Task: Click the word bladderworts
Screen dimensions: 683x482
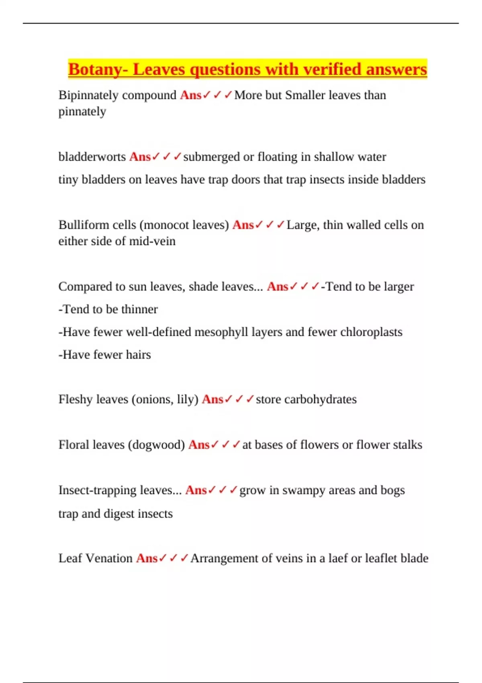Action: (x=92, y=157)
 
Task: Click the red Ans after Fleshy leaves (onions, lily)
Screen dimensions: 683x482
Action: (x=212, y=399)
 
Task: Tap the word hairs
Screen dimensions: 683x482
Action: (x=138, y=355)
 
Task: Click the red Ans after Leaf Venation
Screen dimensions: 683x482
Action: (x=147, y=558)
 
